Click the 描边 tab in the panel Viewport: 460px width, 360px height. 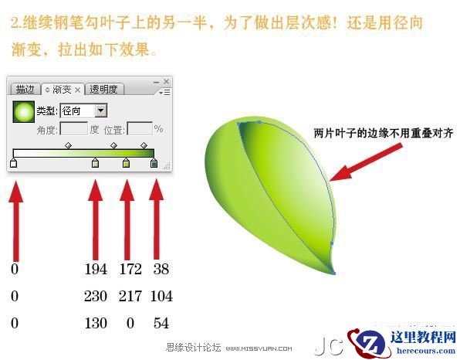(25, 90)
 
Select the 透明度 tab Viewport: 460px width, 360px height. (103, 90)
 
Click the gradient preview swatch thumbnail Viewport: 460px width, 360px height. (24, 112)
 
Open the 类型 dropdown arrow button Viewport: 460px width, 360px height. (100, 111)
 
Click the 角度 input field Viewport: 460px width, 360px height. (74, 129)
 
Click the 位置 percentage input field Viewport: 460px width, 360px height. (139, 129)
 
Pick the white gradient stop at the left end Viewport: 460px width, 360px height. (13, 163)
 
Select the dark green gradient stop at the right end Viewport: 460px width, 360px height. (154, 163)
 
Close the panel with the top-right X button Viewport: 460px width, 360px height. (166, 80)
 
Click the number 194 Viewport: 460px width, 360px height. (96, 270)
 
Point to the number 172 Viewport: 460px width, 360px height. (130, 270)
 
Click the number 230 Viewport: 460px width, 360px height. (96, 297)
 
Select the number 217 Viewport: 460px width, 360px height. (130, 297)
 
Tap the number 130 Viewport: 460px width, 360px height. (96, 323)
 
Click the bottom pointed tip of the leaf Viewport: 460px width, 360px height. (334, 272)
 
